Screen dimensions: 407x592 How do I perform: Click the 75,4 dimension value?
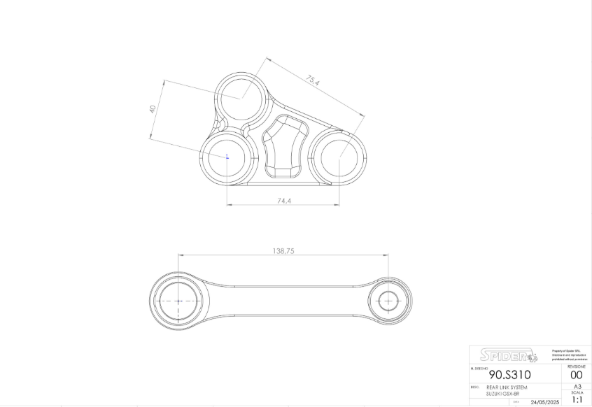313,81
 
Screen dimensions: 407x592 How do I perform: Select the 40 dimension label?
152,108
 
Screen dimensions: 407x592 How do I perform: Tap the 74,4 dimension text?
283,200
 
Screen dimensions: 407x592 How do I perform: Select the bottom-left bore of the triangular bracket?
227,157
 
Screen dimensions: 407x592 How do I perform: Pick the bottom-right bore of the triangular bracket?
339,158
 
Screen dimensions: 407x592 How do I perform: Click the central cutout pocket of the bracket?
284,148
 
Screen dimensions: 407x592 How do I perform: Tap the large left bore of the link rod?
178,301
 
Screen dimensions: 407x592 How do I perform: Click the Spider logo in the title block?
509,355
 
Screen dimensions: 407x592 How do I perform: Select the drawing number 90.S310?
509,375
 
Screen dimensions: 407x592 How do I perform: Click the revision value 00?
577,376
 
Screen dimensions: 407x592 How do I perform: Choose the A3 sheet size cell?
577,386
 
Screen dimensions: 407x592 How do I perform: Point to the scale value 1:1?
577,400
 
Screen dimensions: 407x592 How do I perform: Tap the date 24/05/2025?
544,402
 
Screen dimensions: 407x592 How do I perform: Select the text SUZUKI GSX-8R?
503,394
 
